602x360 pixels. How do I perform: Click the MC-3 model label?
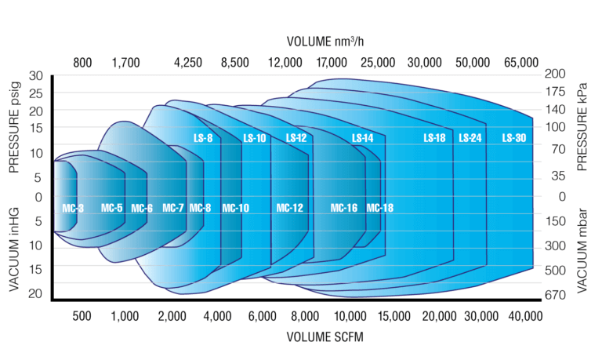(x=72, y=208)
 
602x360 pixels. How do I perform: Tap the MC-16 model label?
(x=343, y=208)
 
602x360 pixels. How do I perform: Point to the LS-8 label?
(x=203, y=138)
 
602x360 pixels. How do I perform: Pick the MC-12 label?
(x=289, y=208)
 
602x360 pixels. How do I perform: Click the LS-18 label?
(x=434, y=138)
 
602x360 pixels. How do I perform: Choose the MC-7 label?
(x=173, y=208)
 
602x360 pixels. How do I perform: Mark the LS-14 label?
(x=363, y=138)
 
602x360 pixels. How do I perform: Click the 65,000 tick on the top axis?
(x=520, y=62)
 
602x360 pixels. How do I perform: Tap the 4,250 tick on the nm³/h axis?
(x=188, y=62)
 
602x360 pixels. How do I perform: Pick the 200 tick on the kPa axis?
(x=555, y=74)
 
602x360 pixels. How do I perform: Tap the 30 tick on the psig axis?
(x=36, y=76)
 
